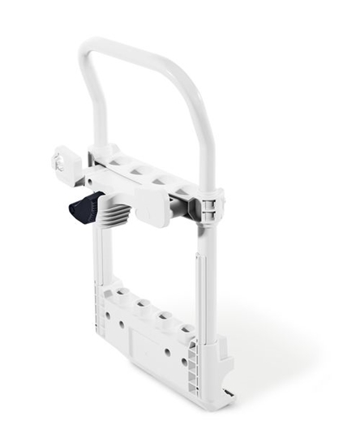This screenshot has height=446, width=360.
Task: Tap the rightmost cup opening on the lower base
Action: click(x=186, y=330)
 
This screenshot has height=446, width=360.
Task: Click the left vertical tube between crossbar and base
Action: click(x=98, y=251)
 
